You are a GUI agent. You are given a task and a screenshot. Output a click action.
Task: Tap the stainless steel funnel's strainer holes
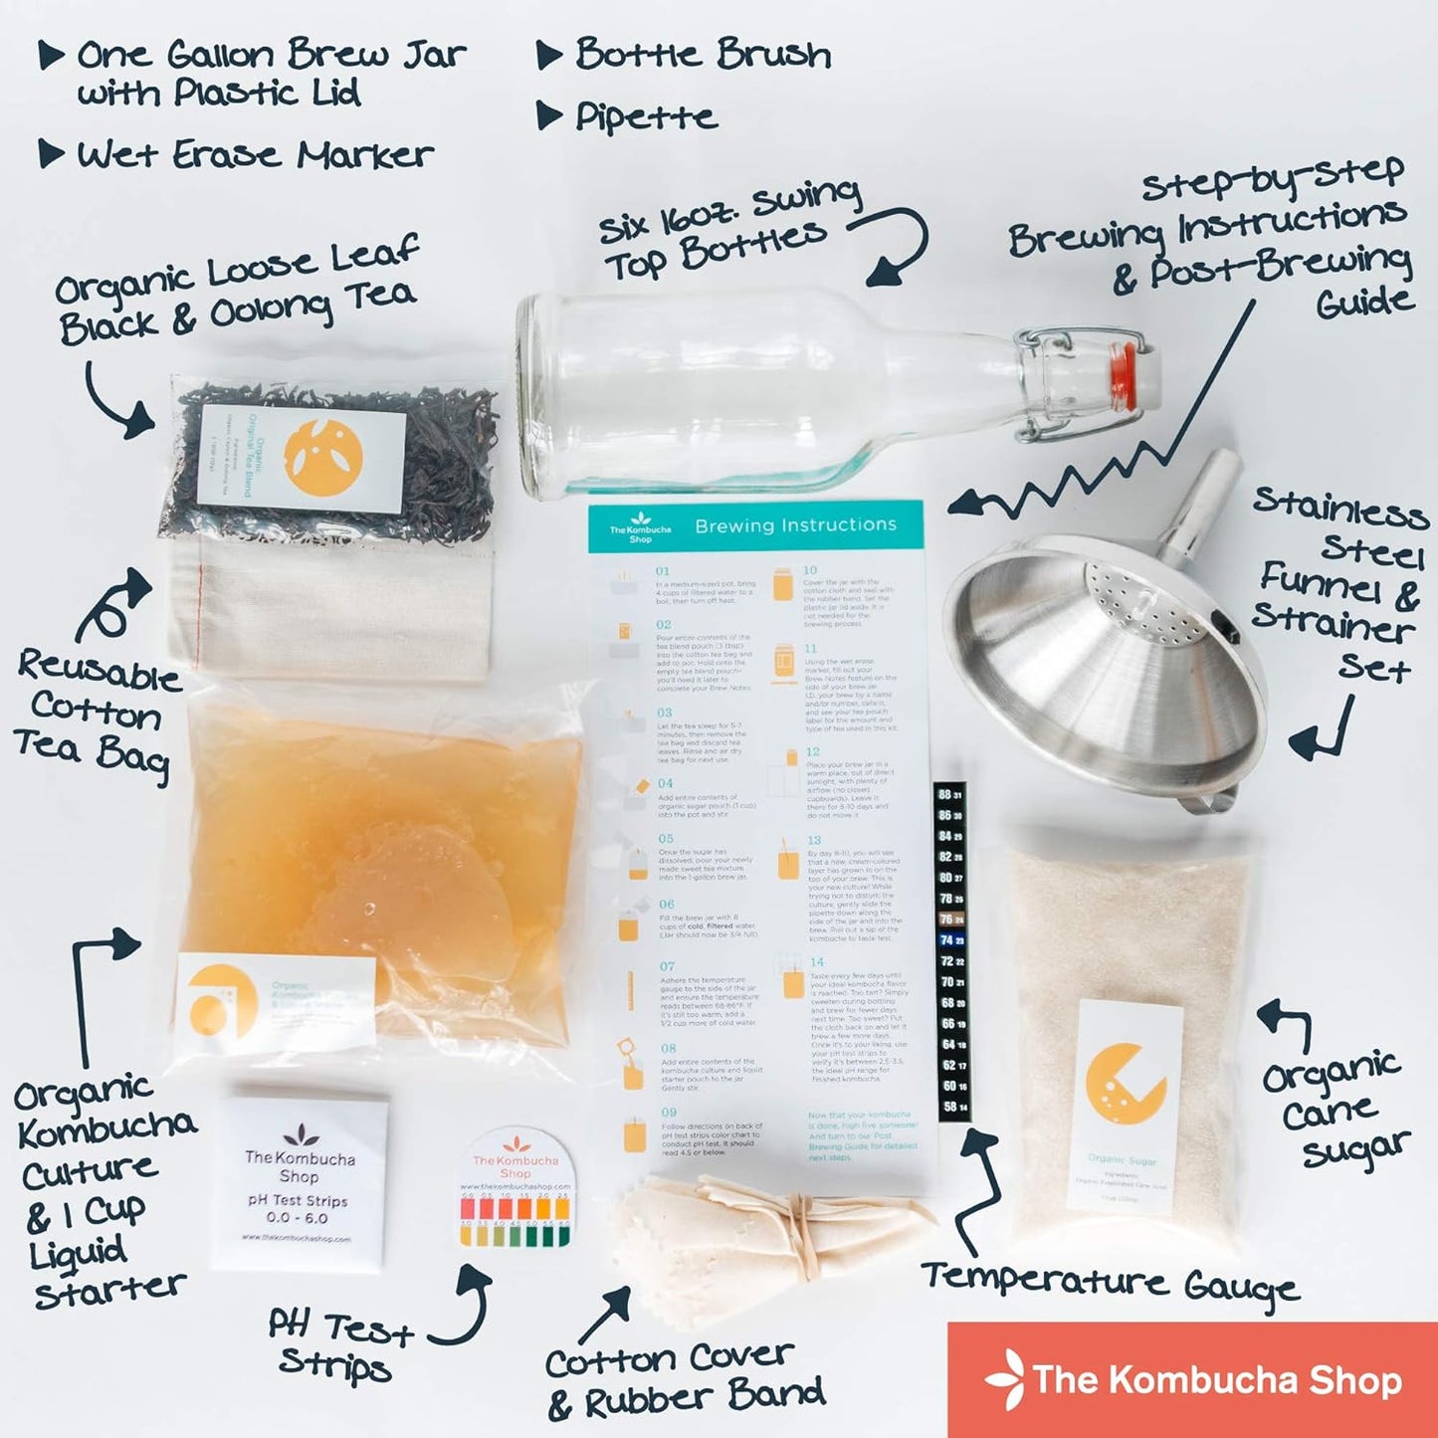pyautogui.click(x=1144, y=607)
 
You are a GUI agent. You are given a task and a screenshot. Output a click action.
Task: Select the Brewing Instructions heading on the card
pyautogui.click(x=795, y=525)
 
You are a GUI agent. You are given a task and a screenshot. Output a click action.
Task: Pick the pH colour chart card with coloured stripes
pyautogui.click(x=514, y=1192)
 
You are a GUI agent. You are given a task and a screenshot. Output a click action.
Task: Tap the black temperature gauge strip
pyautogui.click(x=951, y=950)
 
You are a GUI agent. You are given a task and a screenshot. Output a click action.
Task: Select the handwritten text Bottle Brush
pyautogui.click(x=703, y=54)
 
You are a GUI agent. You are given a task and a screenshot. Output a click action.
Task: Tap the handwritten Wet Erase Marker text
pyautogui.click(x=255, y=155)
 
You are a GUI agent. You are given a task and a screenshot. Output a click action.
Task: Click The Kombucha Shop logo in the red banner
pyautogui.click(x=1194, y=1379)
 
